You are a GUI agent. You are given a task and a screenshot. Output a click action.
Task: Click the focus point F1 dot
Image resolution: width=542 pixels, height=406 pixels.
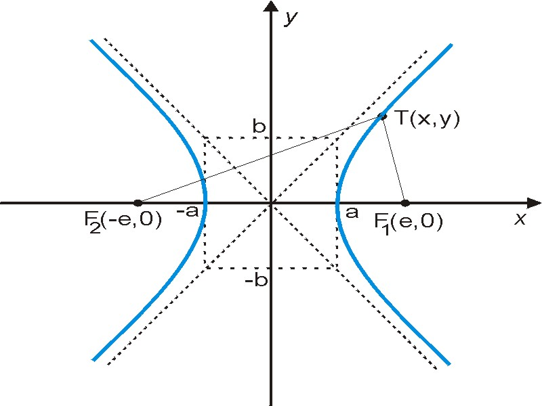click(x=405, y=202)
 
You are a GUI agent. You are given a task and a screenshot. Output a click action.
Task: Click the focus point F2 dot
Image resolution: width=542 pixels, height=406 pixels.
click(x=138, y=202)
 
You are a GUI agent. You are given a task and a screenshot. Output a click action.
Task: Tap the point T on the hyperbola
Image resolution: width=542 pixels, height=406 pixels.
click(x=382, y=116)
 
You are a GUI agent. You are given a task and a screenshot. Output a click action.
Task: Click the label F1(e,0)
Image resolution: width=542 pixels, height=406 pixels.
click(x=409, y=223)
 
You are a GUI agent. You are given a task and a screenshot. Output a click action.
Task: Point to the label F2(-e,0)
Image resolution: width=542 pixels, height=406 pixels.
click(x=123, y=221)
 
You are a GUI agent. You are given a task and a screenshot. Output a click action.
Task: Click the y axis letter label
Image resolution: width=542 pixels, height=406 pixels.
click(x=291, y=18)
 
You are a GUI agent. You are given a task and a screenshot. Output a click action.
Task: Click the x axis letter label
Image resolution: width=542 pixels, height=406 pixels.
click(x=520, y=219)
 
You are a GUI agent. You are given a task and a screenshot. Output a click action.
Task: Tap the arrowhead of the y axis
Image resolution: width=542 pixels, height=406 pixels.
click(x=270, y=6)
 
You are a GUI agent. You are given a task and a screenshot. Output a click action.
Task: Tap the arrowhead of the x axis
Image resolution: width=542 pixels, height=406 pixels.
click(x=534, y=203)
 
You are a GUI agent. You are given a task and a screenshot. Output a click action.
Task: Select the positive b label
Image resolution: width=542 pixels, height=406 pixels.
click(x=259, y=126)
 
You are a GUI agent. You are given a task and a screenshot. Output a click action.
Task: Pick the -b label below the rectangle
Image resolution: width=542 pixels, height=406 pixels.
click(x=256, y=279)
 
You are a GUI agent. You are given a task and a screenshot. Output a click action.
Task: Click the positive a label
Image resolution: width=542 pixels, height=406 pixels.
click(x=352, y=212)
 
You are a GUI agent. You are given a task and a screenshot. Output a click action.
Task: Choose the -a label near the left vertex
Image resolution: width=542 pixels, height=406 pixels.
click(x=188, y=211)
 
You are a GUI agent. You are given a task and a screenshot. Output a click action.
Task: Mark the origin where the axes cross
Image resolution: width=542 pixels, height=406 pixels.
click(x=271, y=203)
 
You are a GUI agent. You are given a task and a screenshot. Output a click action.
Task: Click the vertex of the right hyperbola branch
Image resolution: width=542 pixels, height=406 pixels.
click(x=337, y=203)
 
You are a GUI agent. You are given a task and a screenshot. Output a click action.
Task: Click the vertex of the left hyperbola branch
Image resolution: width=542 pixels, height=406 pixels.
click(x=205, y=203)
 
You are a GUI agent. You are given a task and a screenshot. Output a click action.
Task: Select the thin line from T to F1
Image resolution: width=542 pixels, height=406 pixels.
click(x=394, y=160)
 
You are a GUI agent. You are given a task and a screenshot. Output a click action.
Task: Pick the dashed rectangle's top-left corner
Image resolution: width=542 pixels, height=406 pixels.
click(x=205, y=138)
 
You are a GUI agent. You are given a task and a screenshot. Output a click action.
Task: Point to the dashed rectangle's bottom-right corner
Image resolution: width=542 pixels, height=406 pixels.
click(x=337, y=267)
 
